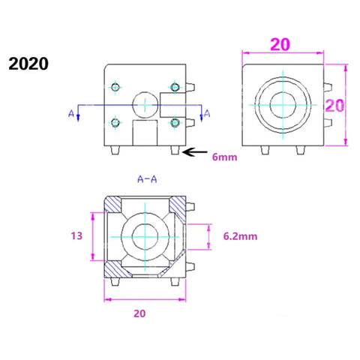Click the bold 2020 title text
[28, 62]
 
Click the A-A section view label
[147, 179]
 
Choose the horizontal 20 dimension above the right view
[280, 45]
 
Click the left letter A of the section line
[71, 113]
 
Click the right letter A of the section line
[208, 113]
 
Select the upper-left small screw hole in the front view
[115, 85]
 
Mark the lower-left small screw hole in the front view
[115, 121]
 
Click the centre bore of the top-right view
[283, 105]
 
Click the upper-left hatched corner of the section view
[112, 203]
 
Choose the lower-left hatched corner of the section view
[112, 268]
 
